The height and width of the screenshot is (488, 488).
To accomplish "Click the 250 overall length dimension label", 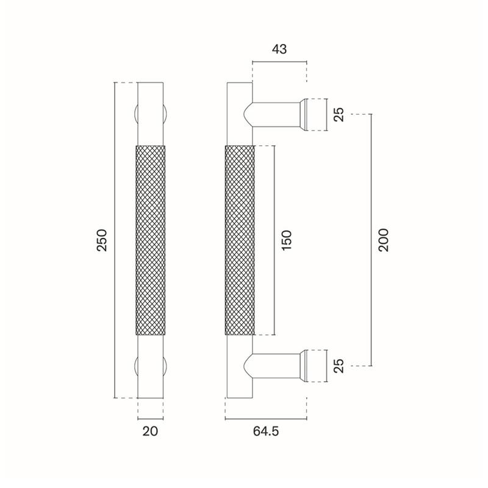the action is click(x=102, y=240).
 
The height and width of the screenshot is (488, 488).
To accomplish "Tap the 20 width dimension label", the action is click(x=150, y=431).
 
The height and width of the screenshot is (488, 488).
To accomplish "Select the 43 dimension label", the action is click(x=279, y=49).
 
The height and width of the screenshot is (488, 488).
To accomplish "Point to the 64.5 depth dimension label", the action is click(x=266, y=431).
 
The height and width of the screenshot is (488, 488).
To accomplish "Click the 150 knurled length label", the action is click(x=286, y=240).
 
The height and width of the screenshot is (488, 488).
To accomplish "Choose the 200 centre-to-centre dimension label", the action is click(x=384, y=240).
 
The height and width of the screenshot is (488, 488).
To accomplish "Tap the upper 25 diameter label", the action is click(x=339, y=114).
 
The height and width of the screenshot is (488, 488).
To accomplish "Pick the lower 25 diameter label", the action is click(x=339, y=365).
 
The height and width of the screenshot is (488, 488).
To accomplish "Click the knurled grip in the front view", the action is click(x=151, y=240).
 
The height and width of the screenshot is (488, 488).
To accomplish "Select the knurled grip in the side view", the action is click(x=240, y=240).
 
